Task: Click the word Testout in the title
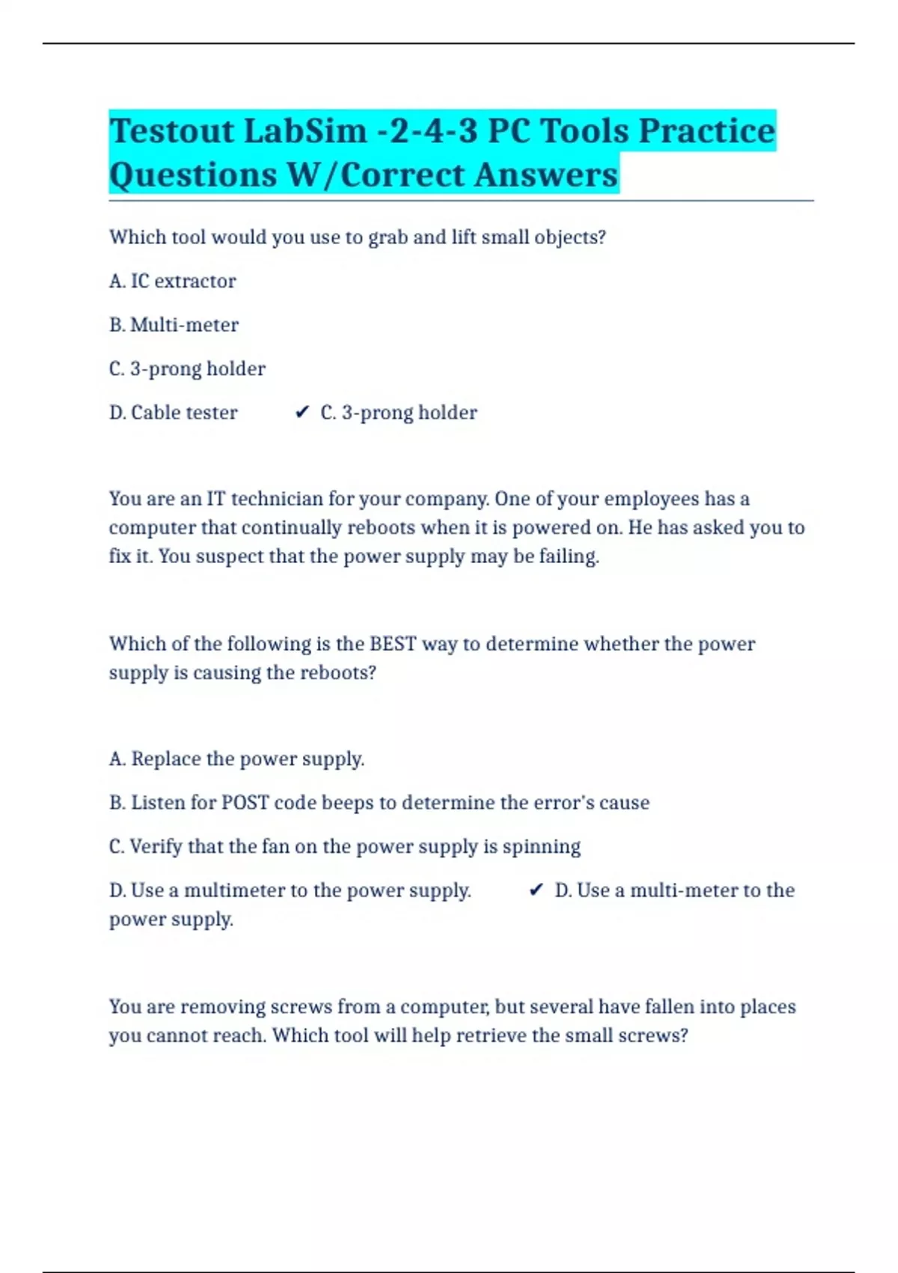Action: (171, 131)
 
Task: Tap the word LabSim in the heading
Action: (305, 131)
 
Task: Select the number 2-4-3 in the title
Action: (427, 131)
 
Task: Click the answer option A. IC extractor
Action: (172, 281)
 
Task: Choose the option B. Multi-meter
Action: (174, 325)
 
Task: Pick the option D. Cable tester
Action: (173, 413)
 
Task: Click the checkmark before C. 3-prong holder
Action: (302, 413)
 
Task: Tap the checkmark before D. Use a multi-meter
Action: (536, 890)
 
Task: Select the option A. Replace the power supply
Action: (236, 759)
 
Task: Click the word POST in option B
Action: (245, 803)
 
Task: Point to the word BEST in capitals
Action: (393, 644)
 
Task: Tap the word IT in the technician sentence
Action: (216, 499)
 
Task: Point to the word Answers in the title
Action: (546, 175)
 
